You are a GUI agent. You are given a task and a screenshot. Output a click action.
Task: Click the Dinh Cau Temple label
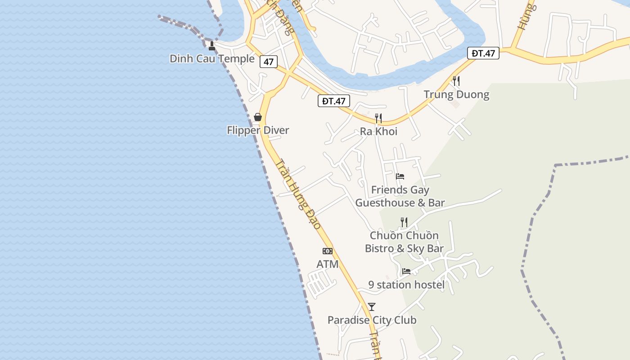pyautogui.click(x=212, y=58)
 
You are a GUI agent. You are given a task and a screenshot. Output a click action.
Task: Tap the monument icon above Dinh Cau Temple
pyautogui.click(x=212, y=45)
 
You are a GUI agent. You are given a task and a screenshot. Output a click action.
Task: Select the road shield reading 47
pyautogui.click(x=268, y=62)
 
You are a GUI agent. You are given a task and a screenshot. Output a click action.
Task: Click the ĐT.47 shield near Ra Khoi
pyautogui.click(x=333, y=101)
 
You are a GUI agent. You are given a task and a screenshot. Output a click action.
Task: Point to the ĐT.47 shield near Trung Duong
pyautogui.click(x=483, y=53)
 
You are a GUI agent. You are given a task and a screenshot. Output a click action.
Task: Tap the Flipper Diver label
pyautogui.click(x=258, y=130)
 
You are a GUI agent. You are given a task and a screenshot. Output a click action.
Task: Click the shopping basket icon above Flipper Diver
pyautogui.click(x=258, y=117)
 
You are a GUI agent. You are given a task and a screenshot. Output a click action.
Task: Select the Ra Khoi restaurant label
pyautogui.click(x=378, y=131)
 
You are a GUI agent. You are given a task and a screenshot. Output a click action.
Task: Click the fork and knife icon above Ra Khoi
pyautogui.click(x=378, y=118)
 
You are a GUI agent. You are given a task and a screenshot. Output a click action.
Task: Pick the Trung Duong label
pyautogui.click(x=456, y=94)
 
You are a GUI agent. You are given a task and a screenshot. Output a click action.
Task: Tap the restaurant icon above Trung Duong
pyautogui.click(x=456, y=81)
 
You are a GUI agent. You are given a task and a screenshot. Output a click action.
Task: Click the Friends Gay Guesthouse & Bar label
pyautogui.click(x=400, y=196)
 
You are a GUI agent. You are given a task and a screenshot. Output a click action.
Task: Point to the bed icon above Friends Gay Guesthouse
pyautogui.click(x=400, y=176)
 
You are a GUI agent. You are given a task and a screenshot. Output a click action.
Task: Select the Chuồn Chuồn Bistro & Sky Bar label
pyautogui.click(x=404, y=242)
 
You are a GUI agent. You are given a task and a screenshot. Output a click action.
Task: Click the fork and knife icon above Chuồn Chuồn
pyautogui.click(x=404, y=222)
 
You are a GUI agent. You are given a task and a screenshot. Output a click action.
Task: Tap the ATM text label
pyautogui.click(x=328, y=264)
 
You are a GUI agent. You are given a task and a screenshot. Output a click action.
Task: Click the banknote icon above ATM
pyautogui.click(x=328, y=251)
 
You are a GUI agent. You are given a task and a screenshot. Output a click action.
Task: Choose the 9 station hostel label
pyautogui.click(x=406, y=284)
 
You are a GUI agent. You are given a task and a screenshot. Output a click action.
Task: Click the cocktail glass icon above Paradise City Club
pyautogui.click(x=372, y=307)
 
